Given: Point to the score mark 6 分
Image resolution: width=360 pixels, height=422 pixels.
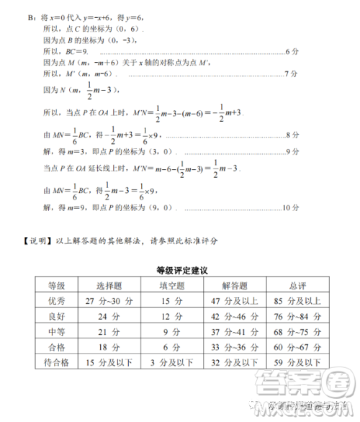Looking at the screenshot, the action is click(x=292, y=52).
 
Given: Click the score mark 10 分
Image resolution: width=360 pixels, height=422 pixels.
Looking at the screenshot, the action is click(x=289, y=207).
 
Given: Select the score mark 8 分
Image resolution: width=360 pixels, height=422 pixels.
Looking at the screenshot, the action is click(x=292, y=135).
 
